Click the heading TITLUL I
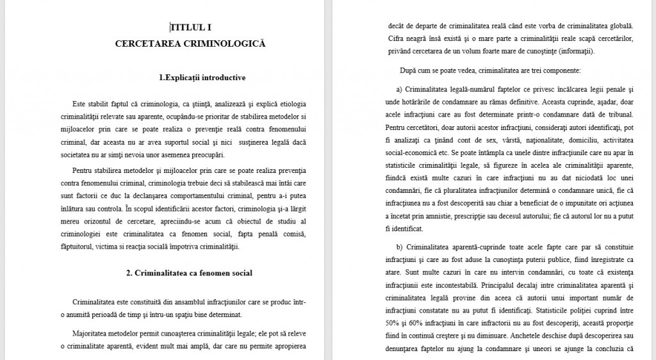pyautogui.click(x=190, y=28)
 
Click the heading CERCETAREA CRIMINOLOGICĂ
pyautogui.click(x=190, y=44)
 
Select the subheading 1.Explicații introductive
pyautogui.click(x=202, y=78)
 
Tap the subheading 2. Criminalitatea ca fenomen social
pyautogui.click(x=189, y=273)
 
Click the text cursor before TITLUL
pyautogui.click(x=170, y=28)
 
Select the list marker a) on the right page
pyautogui.click(x=399, y=89)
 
